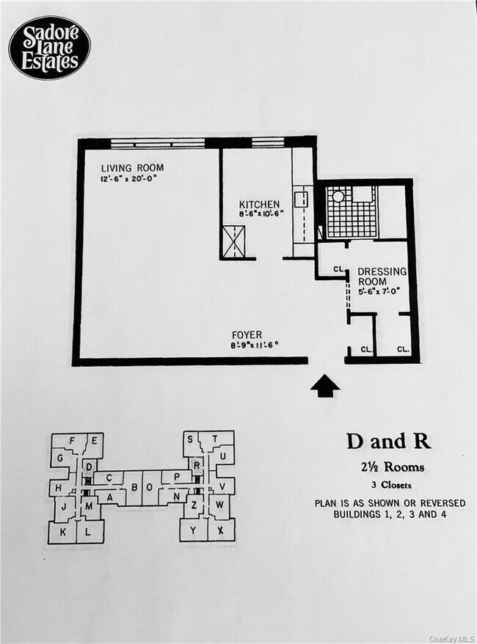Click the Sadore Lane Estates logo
[49, 48]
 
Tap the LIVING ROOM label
[132, 168]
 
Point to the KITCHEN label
[260, 204]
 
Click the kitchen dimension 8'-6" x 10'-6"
[262, 215]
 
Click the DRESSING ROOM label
[382, 277]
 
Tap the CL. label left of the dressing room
[338, 269]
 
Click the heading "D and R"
[388, 442]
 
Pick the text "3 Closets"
[389, 484]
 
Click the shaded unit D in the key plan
[89, 466]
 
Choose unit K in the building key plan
[62, 532]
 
